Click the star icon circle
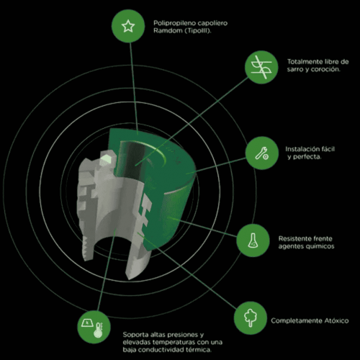(x=128, y=26)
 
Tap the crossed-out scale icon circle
(x=261, y=67)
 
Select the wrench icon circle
(x=262, y=153)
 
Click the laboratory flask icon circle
(x=253, y=240)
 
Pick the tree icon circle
(x=251, y=318)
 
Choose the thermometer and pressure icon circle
(x=94, y=327)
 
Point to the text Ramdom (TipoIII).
(x=182, y=31)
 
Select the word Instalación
(x=300, y=149)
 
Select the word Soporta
(x=135, y=335)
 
